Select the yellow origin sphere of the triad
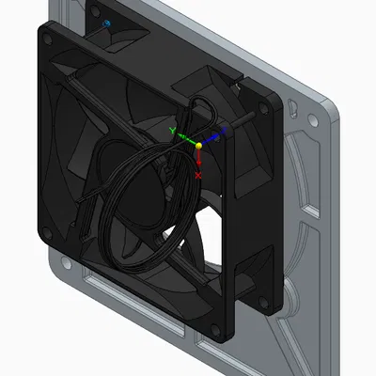198,147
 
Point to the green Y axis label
171,131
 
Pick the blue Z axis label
221,137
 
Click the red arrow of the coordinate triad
198,162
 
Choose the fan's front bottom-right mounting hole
218,329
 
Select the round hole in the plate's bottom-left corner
69,277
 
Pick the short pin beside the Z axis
246,123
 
